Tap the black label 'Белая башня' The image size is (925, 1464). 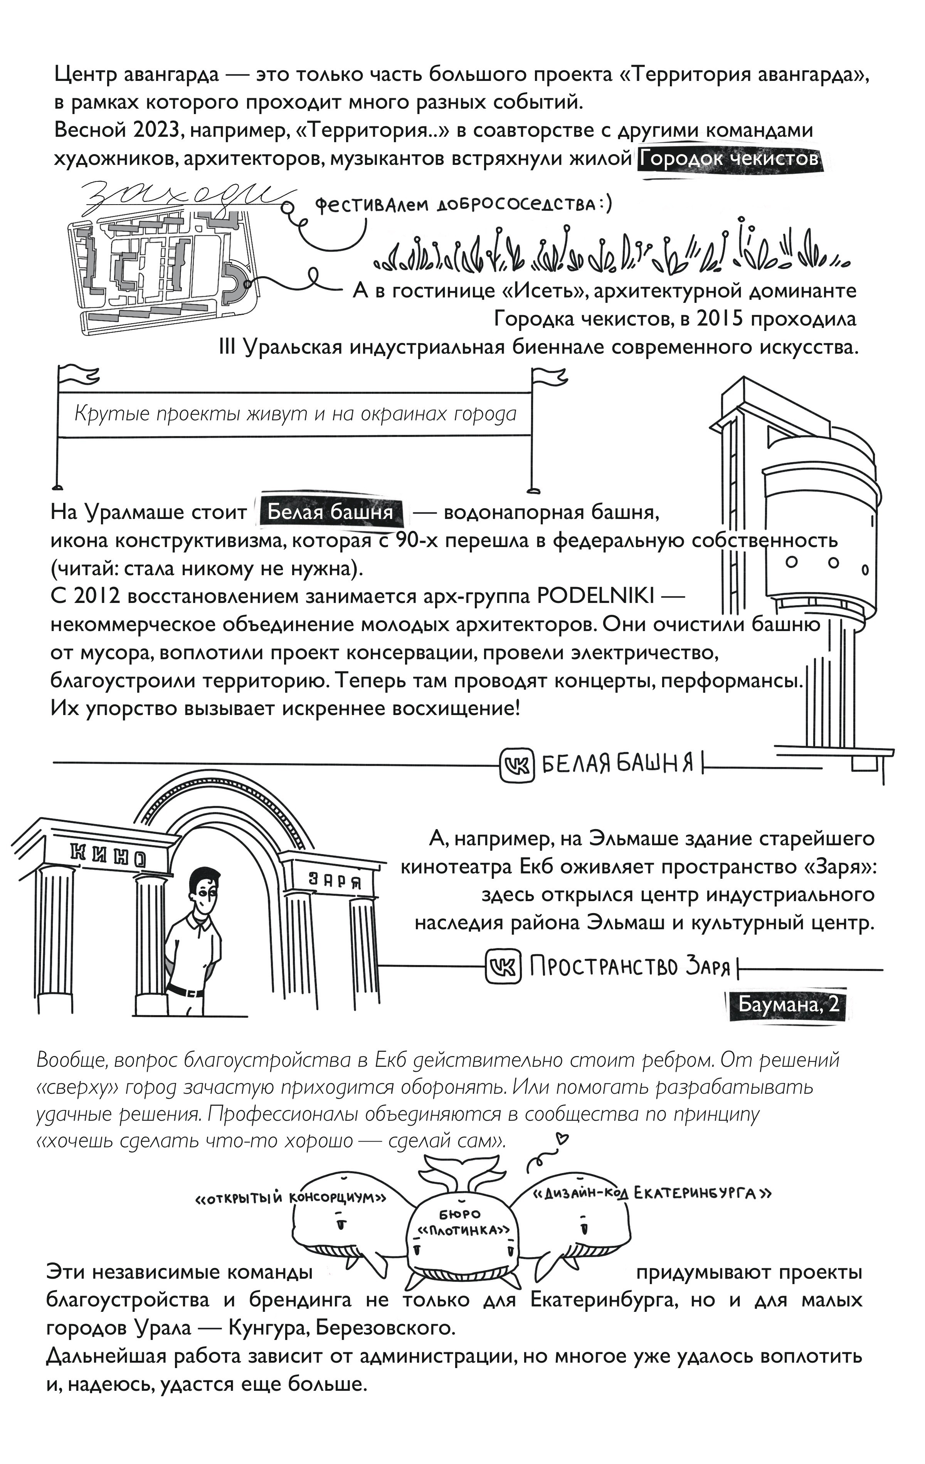coord(330,512)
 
